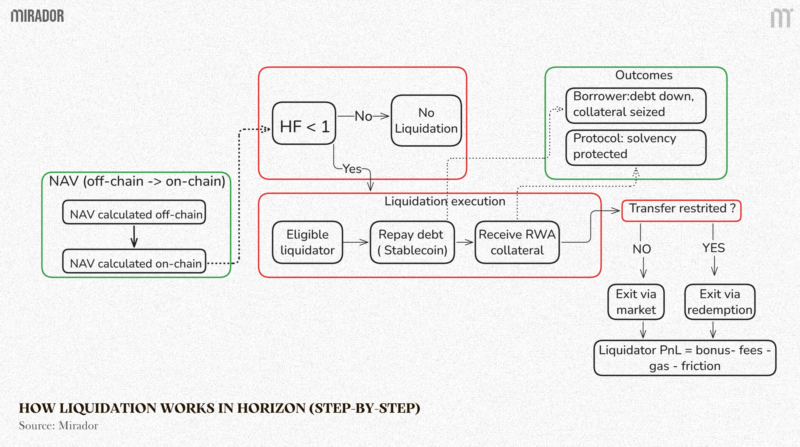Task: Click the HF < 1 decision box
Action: pos(304,123)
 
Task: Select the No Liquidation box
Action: pos(426,121)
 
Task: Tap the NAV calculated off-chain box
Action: pos(134,212)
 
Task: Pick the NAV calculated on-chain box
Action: pos(134,262)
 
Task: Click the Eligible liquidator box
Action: pos(307,243)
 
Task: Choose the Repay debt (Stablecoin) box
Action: pos(412,243)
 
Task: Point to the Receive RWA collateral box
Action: pos(517,243)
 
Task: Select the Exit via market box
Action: pos(636,302)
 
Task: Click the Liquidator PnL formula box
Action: pos(685,358)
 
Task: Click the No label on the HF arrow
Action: pos(363,116)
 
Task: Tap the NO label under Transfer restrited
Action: pos(641,249)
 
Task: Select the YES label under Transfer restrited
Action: pos(713,248)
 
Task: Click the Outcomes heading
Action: pos(643,75)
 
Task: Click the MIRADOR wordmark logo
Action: pos(37,16)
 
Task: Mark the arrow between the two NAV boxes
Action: pos(134,237)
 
